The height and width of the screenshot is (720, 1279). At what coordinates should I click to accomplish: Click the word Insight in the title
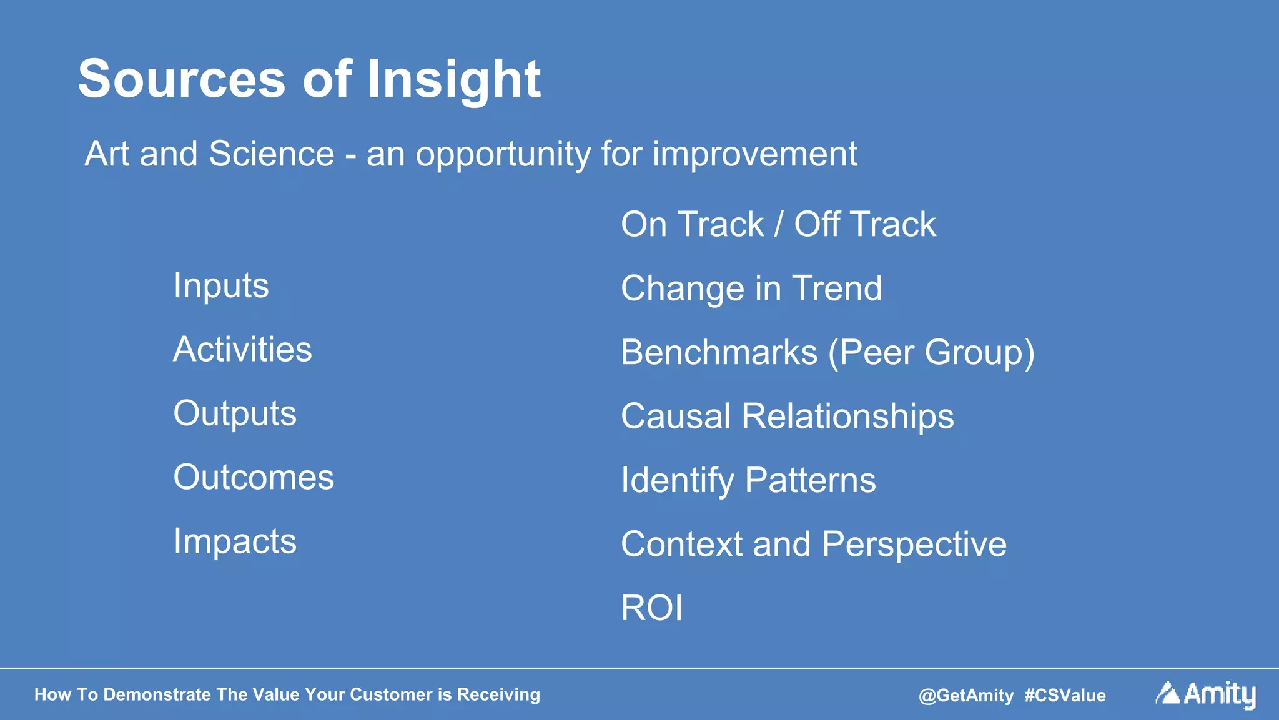[x=453, y=79]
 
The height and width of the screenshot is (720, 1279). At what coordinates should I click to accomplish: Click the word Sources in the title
[x=182, y=79]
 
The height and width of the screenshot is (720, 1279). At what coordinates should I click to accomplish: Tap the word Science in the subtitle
[x=271, y=154]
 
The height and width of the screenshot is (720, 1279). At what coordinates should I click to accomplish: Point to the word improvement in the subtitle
[x=754, y=154]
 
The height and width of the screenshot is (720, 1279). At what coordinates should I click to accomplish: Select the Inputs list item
[x=221, y=286]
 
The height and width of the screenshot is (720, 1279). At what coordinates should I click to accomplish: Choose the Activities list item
[x=242, y=349]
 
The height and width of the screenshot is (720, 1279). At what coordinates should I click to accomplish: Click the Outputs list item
[x=235, y=413]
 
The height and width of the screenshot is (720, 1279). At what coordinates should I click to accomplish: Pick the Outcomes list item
[x=254, y=477]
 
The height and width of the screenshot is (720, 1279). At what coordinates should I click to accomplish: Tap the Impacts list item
[x=235, y=541]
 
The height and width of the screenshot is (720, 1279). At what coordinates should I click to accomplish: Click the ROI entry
[x=651, y=608]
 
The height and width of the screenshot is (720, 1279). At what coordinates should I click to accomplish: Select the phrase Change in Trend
[x=751, y=288]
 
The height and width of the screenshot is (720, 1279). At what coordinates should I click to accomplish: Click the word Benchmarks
[x=719, y=352]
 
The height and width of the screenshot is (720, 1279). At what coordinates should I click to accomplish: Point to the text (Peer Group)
[x=931, y=352]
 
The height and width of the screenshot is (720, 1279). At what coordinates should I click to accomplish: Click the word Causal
[x=675, y=416]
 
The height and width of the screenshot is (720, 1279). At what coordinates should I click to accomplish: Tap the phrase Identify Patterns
[x=748, y=480]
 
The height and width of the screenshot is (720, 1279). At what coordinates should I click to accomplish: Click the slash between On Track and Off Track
[x=778, y=225]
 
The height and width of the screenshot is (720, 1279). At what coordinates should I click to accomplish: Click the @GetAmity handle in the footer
[x=965, y=695]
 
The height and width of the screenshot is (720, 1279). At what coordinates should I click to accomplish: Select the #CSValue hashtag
[x=1065, y=695]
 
